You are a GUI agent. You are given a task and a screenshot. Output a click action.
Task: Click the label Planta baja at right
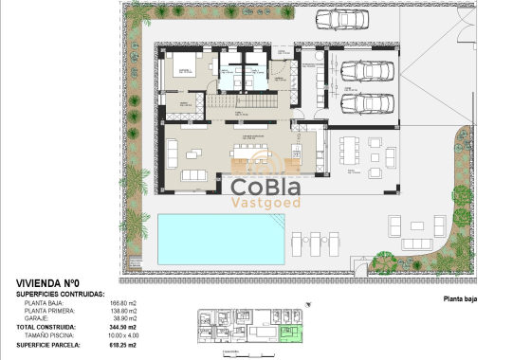pos(465,298)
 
